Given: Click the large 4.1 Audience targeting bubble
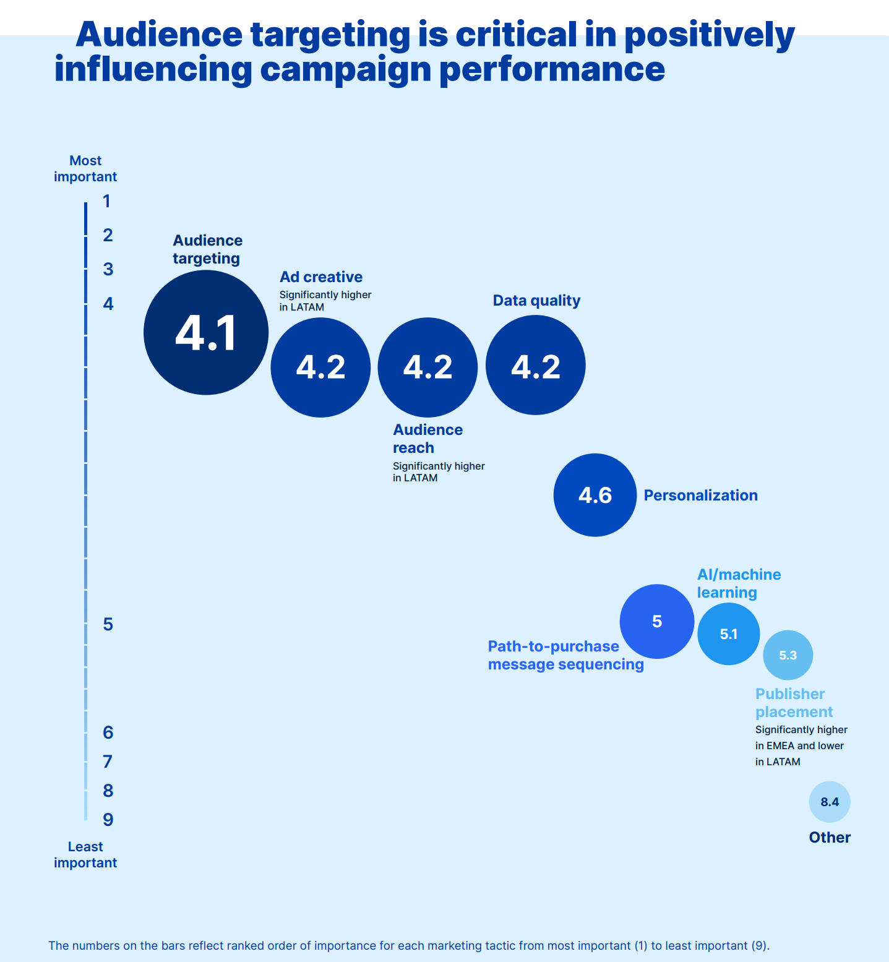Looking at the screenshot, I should click(x=206, y=332).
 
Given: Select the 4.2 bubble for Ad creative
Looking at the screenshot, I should click(x=320, y=367).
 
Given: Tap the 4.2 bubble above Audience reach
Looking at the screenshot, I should click(x=427, y=367).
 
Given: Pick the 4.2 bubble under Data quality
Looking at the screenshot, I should click(x=536, y=365).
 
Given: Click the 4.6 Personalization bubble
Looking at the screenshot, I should click(x=595, y=495).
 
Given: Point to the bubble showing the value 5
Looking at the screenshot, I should click(x=657, y=621).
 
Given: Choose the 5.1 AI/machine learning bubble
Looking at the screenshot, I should click(x=729, y=634).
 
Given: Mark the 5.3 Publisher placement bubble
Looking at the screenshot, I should click(x=788, y=655).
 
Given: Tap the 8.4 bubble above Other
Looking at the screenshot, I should click(x=830, y=802).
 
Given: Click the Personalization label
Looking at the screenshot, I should click(x=700, y=496).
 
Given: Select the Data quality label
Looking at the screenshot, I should click(x=536, y=301).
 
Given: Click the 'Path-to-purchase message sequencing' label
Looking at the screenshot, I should click(x=565, y=655).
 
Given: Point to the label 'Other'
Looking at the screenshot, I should click(x=830, y=838).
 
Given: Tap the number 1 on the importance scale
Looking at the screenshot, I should click(x=107, y=201).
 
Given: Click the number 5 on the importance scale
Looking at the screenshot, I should click(x=108, y=624).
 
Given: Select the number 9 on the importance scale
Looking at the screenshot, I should click(x=108, y=820).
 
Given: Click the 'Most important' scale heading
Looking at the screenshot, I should click(x=85, y=168).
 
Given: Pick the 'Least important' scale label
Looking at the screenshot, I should click(x=85, y=854).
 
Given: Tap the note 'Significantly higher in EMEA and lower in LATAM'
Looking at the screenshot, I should click(x=801, y=745).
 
